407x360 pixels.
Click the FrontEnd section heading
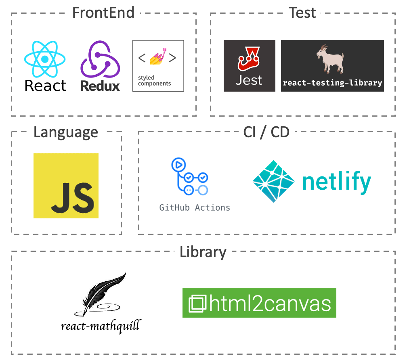click(103, 13)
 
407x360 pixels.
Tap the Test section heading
click(302, 13)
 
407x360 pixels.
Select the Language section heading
click(65, 132)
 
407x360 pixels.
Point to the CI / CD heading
click(266, 132)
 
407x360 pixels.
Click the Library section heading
click(203, 252)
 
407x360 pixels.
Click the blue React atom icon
click(44, 59)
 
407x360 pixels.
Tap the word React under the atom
click(45, 86)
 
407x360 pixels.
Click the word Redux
click(100, 86)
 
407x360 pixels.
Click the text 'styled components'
click(154, 81)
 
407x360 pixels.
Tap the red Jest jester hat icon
click(249, 59)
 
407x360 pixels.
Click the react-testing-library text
click(332, 83)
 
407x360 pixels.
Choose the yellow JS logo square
click(66, 186)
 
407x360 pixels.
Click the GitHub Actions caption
click(195, 208)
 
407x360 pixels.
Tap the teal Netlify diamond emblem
click(274, 181)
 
